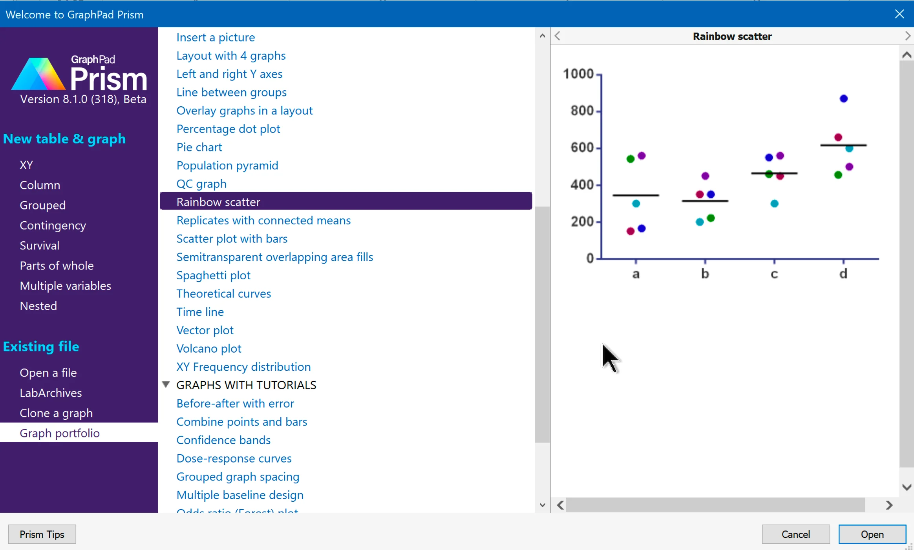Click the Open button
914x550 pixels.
tap(872, 534)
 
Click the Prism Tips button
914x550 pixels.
tap(42, 534)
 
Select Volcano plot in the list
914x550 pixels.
tap(209, 348)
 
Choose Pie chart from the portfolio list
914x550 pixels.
tap(199, 147)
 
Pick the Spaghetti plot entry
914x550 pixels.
tap(213, 275)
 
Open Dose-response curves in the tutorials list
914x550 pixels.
tap(234, 458)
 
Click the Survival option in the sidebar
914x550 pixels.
tap(40, 246)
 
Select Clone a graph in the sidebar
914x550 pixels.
tap(56, 413)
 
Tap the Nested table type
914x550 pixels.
tap(38, 306)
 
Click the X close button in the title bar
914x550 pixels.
tap(899, 14)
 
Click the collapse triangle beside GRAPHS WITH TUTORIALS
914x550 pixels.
tap(166, 384)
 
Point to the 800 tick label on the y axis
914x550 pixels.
tap(582, 111)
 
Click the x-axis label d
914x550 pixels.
tap(843, 274)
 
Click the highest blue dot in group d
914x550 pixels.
tap(844, 98)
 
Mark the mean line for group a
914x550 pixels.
tap(636, 195)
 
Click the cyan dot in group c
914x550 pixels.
tap(774, 204)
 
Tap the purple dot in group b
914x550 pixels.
tap(705, 176)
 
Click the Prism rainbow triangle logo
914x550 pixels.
tap(38, 74)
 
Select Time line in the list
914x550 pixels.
tap(200, 312)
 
